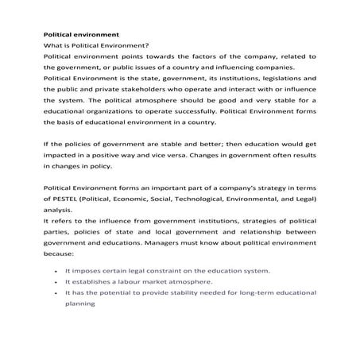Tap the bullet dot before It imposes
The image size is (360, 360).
pos(52,270)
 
